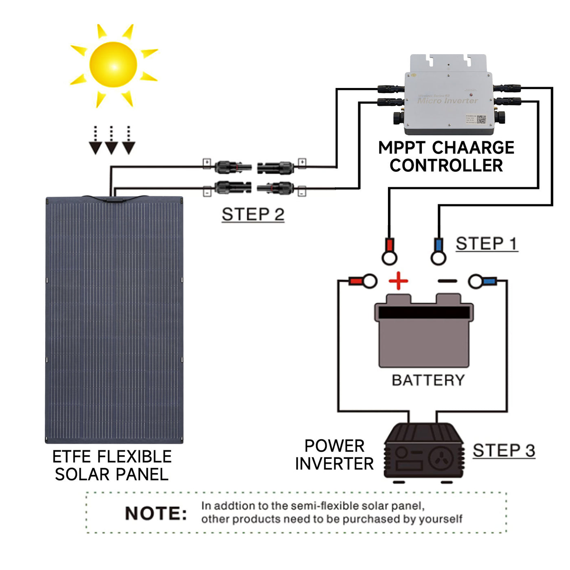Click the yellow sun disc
(x=113, y=65)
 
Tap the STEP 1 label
(x=487, y=244)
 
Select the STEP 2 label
(x=253, y=215)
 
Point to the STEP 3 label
(x=504, y=451)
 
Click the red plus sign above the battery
(x=398, y=281)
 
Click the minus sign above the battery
(x=447, y=281)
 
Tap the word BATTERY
(x=428, y=380)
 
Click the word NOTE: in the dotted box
(x=156, y=513)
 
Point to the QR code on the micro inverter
(x=481, y=120)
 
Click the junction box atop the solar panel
(x=113, y=199)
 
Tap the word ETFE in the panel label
(x=72, y=457)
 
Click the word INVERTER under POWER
(x=334, y=464)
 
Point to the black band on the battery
(x=424, y=313)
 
